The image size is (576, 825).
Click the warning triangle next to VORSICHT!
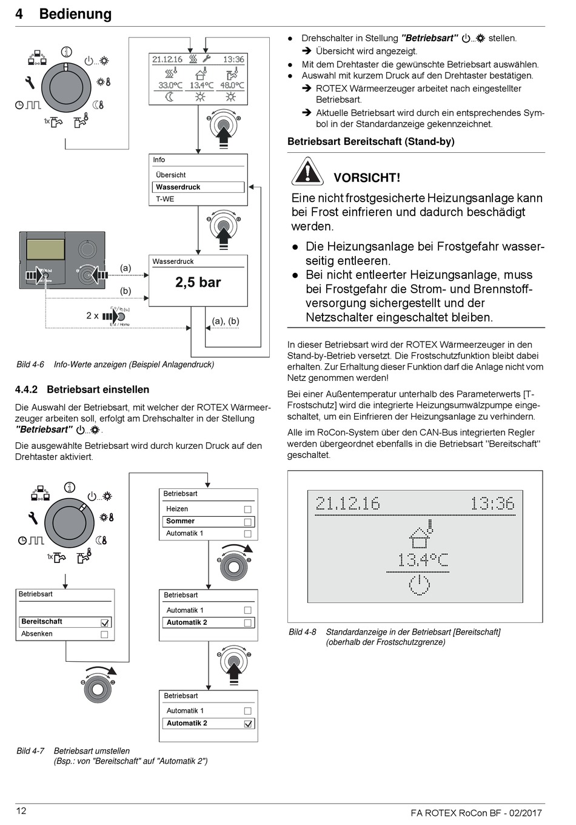pos(307,172)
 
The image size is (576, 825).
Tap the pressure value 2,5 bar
pos(198,282)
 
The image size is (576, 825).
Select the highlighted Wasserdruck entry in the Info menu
pos(178,187)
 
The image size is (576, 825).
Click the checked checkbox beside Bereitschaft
pos(105,622)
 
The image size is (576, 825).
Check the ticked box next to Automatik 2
pos(248,724)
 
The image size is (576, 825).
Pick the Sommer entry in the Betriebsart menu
pos(181,521)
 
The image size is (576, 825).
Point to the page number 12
pos(21,811)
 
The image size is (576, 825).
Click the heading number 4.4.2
pos(26,389)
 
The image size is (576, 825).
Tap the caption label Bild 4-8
pos(302,631)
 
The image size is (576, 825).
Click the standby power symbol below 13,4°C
pos(419,585)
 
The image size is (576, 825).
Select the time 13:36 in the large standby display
pos(492,503)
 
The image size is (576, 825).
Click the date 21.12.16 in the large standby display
pos(347,503)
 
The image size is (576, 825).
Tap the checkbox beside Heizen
pos(247,510)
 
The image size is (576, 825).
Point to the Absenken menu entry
pos(37,634)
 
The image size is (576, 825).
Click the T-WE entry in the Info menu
pos(165,199)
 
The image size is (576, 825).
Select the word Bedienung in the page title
pos(75,14)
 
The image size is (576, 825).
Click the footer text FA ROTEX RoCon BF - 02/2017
pos(476,813)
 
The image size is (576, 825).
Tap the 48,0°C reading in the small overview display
pos(232,86)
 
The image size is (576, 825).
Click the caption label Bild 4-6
pos(30,365)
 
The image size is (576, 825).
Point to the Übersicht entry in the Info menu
pos(170,175)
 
